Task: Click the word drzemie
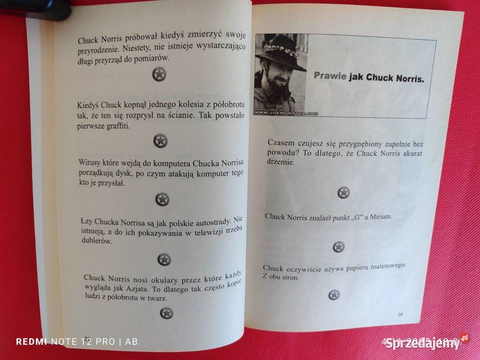coord(282,163)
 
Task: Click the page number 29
coord(399,314)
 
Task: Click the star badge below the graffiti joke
coord(160,141)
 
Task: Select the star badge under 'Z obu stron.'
coord(334,295)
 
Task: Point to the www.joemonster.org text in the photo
coord(284,113)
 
